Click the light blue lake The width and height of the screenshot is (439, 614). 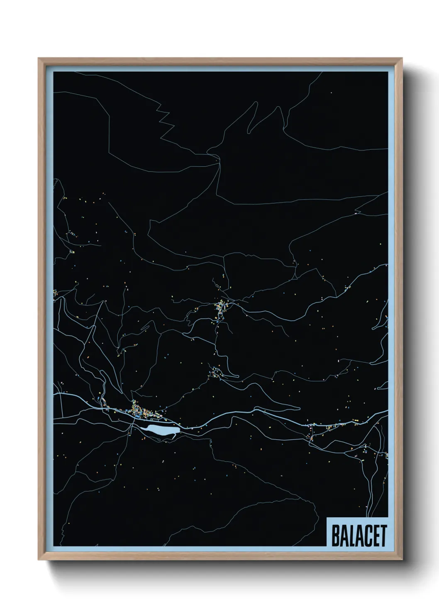[160, 430]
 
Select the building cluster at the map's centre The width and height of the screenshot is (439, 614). [220, 309]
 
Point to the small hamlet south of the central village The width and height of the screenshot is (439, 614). [216, 372]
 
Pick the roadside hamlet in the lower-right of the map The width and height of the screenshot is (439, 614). [313, 431]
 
